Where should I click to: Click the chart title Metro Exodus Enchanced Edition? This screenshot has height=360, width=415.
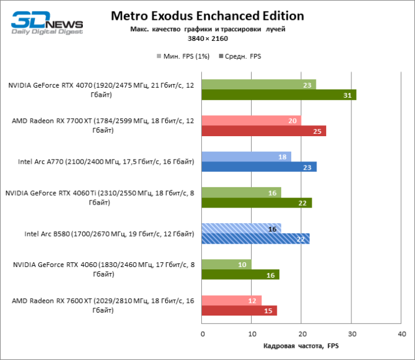(207, 16)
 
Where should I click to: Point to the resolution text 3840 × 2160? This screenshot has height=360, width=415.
(207, 38)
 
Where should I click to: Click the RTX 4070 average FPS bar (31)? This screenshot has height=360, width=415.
(279, 95)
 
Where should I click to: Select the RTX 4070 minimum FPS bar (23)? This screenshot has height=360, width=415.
(259, 85)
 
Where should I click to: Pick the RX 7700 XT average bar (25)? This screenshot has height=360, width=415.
(264, 131)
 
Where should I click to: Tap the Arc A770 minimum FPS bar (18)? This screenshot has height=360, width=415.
(246, 157)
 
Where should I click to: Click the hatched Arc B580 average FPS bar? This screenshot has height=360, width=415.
(255, 239)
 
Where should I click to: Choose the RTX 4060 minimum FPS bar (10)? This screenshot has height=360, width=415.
(226, 265)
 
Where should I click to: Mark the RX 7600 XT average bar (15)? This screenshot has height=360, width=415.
(239, 311)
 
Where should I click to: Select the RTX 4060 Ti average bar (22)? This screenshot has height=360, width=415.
(256, 203)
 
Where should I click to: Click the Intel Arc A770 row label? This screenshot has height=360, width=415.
(106, 162)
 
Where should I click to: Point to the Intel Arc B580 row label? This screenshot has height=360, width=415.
(109, 234)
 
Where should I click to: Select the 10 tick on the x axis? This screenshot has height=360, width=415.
(252, 334)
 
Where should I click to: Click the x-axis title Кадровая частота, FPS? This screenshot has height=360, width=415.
(301, 346)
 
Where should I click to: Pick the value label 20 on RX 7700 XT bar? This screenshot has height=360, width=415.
(291, 121)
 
